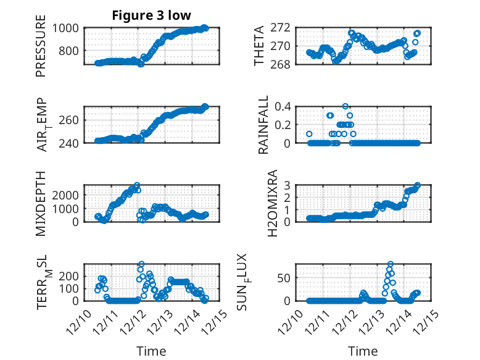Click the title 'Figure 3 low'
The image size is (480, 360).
pyautogui.click(x=151, y=15)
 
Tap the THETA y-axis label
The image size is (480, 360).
pyautogui.click(x=259, y=45)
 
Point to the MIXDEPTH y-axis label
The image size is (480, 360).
pyautogui.click(x=41, y=203)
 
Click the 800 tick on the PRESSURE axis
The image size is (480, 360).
pyautogui.click(x=68, y=52)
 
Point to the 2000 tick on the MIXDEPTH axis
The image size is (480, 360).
pyautogui.click(x=65, y=195)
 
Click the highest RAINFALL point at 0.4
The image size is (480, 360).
pyautogui.click(x=346, y=106)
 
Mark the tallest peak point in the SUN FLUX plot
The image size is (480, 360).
pyautogui.click(x=391, y=264)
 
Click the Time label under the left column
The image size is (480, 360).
pyautogui.click(x=151, y=351)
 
